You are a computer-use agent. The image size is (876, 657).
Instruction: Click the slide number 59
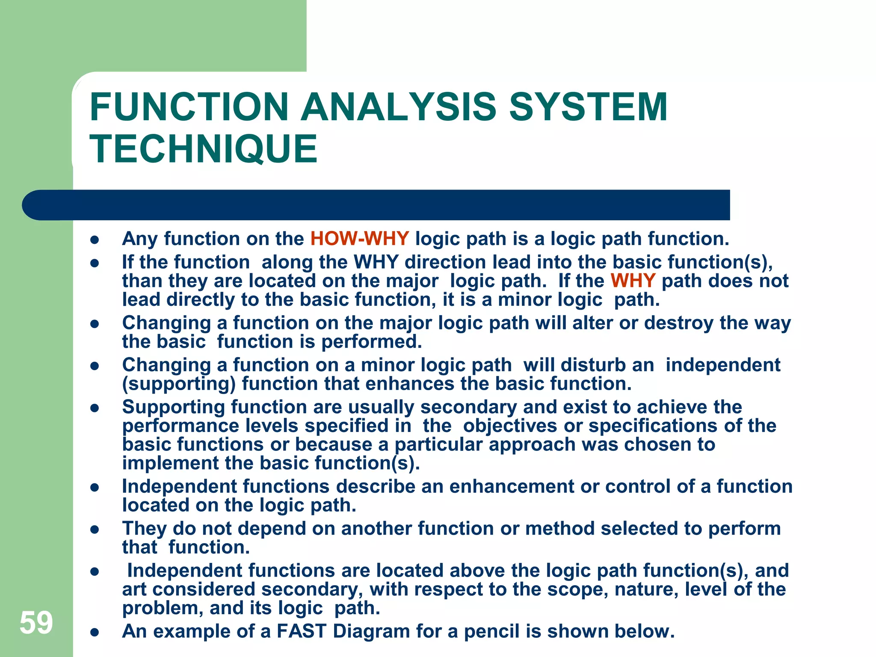tap(36, 622)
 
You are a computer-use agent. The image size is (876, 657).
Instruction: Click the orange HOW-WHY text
tap(360, 239)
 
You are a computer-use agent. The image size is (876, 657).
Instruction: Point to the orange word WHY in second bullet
tap(633, 281)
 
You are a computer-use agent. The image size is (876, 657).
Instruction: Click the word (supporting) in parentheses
tap(179, 384)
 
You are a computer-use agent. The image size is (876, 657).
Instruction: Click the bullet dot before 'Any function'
tap(95, 240)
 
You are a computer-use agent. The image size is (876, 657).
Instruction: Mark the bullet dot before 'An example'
tap(95, 632)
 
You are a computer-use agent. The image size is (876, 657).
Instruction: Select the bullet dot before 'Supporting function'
tap(95, 408)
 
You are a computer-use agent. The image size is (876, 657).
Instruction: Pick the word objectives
tap(510, 426)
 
